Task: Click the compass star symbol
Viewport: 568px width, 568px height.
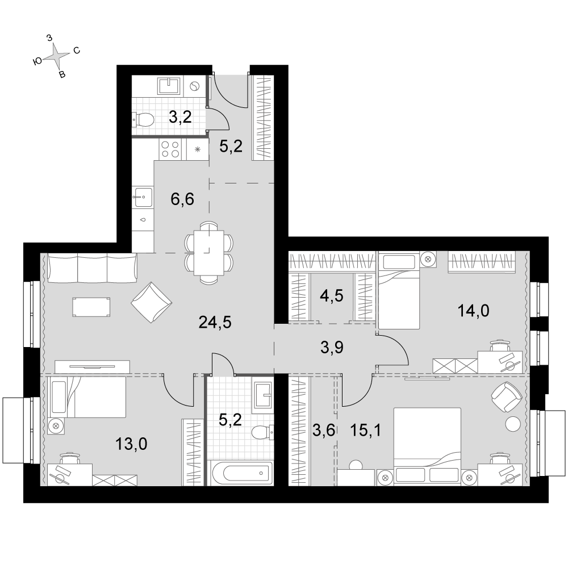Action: click(57, 56)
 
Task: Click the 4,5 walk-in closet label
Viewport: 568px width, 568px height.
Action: click(331, 296)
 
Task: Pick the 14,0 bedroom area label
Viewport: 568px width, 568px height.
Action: click(473, 310)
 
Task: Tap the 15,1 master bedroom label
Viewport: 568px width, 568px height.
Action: click(364, 431)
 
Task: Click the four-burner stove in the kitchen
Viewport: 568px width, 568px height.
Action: click(170, 149)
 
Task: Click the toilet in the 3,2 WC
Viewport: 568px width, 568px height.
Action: click(143, 119)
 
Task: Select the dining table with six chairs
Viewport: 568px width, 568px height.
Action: click(208, 252)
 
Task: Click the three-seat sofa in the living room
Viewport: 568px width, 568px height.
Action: click(93, 268)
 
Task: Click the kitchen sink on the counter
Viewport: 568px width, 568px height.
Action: click(143, 199)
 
